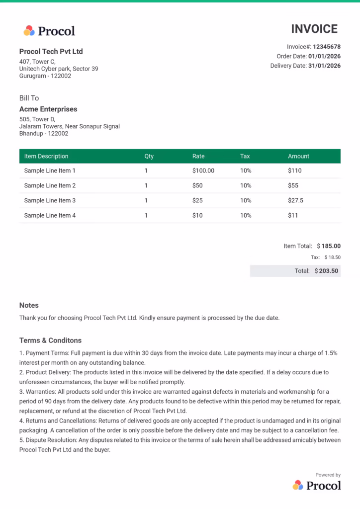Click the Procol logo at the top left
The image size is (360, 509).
click(x=49, y=31)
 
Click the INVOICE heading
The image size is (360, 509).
click(x=314, y=29)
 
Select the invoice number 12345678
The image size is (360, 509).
click(x=327, y=47)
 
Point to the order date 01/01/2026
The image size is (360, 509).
click(x=324, y=56)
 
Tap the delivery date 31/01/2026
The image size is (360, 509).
click(x=324, y=66)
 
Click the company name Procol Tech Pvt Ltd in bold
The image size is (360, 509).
click(x=51, y=51)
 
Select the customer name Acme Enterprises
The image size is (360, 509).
click(x=48, y=109)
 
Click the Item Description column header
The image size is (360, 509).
click(x=46, y=156)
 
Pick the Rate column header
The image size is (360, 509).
click(x=198, y=156)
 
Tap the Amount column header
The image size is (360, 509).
click(x=298, y=156)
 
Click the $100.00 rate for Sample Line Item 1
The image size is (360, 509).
click(x=203, y=170)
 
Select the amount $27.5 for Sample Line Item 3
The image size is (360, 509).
click(x=295, y=200)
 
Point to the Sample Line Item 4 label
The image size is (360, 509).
click(x=50, y=215)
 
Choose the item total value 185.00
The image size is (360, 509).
click(x=331, y=246)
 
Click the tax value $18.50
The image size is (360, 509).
click(x=332, y=257)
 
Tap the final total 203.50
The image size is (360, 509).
click(x=329, y=271)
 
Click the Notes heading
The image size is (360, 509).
click(x=29, y=305)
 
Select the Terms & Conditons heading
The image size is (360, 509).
click(x=50, y=340)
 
